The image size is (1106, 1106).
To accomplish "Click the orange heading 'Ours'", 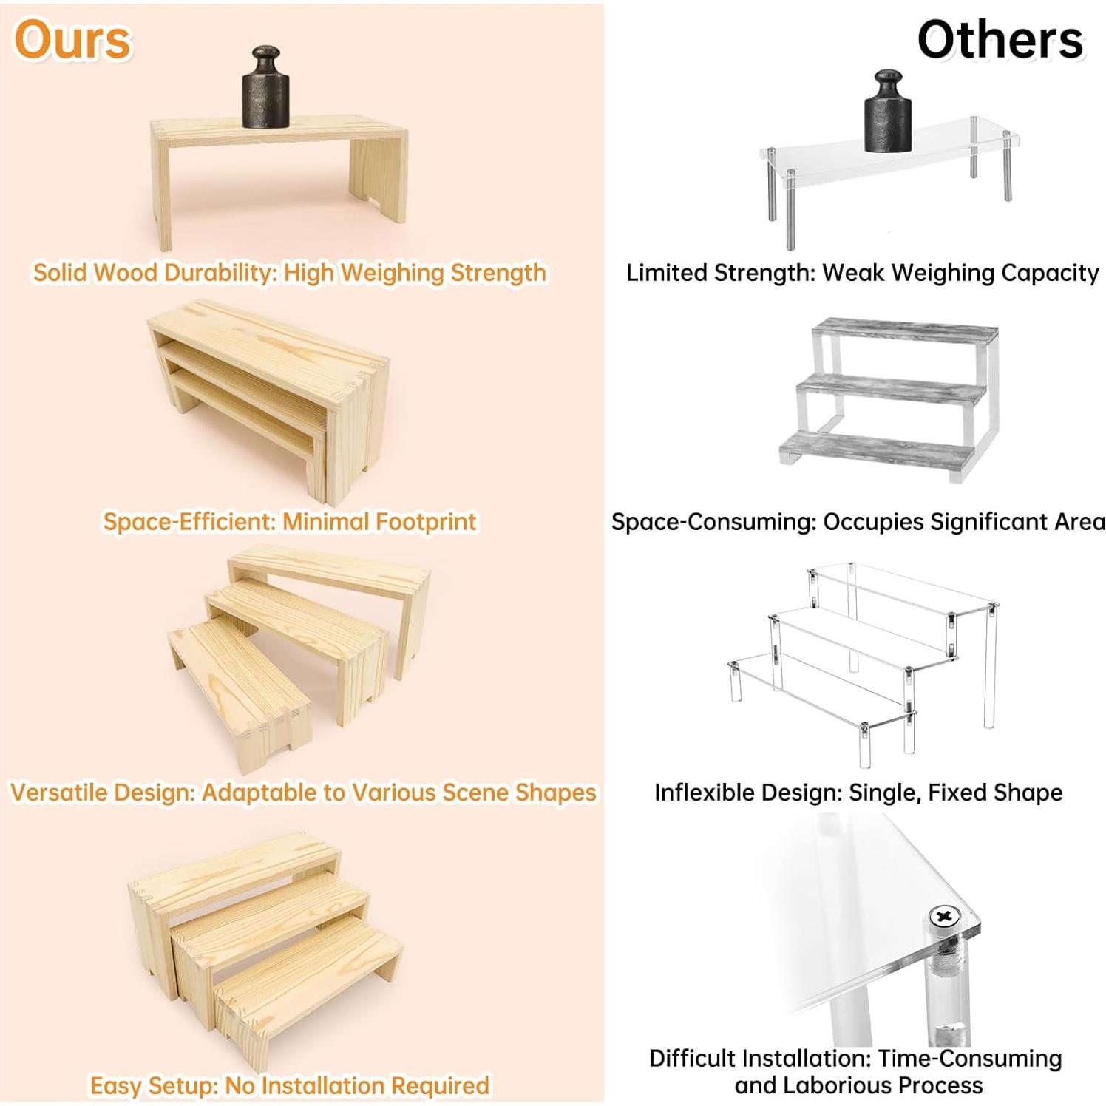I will (x=72, y=41).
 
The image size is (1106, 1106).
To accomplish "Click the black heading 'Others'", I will (x=1000, y=41).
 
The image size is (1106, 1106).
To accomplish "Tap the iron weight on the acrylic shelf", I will (x=888, y=112).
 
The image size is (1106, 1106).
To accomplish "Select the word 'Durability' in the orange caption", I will (x=220, y=273).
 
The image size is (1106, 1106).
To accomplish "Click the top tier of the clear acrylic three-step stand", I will (x=902, y=588).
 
